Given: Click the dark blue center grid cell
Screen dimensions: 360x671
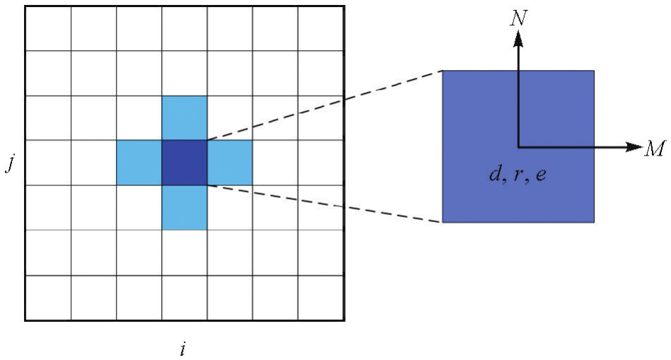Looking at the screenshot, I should [185, 163].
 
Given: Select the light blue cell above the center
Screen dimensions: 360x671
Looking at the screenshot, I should [185, 118].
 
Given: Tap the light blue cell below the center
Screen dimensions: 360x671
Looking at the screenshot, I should [185, 208].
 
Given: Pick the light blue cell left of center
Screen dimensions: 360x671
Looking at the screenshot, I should [139, 163].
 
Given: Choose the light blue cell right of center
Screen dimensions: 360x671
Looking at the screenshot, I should [230, 163].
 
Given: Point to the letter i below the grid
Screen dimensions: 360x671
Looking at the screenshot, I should [183, 348].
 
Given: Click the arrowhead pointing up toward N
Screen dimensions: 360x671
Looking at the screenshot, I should [518, 41].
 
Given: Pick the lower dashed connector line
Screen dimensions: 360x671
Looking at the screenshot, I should [325, 204].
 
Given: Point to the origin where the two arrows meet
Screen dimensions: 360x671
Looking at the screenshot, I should [518, 147].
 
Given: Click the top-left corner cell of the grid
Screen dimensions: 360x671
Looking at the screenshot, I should [48, 28].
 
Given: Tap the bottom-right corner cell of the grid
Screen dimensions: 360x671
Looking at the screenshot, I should [321, 298].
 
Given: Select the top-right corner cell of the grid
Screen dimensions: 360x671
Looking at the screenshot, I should [321, 28].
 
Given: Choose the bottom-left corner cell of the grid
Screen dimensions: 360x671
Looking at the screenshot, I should [48, 298].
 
